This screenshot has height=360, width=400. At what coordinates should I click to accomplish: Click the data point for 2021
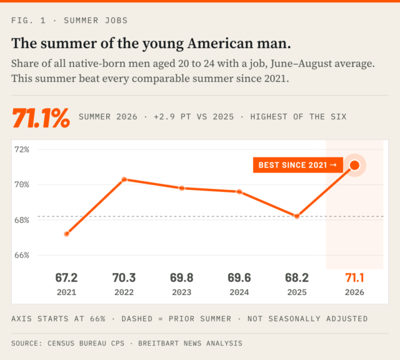point(67,234)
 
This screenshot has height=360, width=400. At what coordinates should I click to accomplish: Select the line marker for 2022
point(124,179)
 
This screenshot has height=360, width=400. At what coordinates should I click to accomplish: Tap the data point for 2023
point(182,188)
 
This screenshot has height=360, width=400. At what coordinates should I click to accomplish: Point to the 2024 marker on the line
point(239,192)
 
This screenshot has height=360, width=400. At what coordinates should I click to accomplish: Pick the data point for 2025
point(297,216)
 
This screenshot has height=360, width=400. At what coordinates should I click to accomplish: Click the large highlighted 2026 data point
point(354,166)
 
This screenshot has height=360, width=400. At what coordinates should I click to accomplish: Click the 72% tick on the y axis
point(22,149)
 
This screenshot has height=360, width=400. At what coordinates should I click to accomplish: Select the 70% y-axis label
point(22,184)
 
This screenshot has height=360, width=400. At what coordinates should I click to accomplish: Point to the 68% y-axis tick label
point(22,220)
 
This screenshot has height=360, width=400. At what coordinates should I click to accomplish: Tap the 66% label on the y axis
point(22,255)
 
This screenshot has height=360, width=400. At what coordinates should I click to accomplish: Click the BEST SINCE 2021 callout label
point(298,165)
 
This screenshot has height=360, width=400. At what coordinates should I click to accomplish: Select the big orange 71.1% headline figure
point(41,117)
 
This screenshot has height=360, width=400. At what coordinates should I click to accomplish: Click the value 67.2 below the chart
point(66,277)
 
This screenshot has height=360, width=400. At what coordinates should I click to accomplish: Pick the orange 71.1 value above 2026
point(354,277)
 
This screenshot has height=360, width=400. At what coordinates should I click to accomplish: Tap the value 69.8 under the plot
point(182,277)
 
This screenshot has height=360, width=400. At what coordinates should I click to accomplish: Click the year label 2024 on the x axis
point(239,292)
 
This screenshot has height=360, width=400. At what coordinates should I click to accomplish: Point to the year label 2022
point(124,292)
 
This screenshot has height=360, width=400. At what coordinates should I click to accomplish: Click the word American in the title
point(220,43)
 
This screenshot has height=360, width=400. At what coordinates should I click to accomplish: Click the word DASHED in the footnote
point(137,319)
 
